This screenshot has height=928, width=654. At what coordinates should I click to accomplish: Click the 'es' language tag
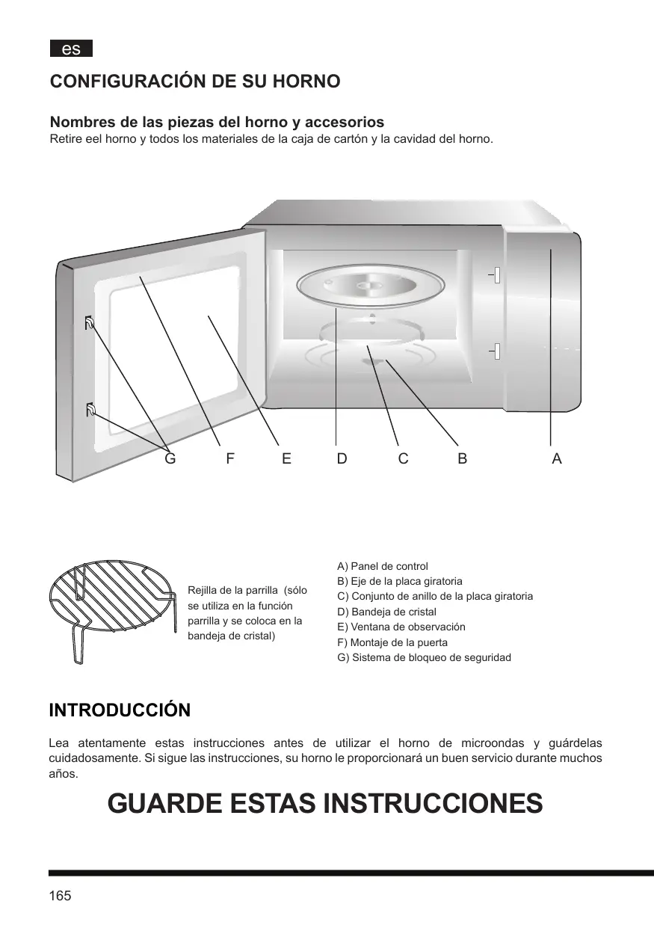(71, 49)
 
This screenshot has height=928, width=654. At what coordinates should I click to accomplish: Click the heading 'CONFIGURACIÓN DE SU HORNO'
(194, 82)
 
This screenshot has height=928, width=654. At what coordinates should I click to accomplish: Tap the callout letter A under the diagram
(556, 459)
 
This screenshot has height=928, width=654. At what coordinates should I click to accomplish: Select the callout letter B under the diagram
(462, 459)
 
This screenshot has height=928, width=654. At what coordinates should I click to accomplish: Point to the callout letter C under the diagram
(403, 459)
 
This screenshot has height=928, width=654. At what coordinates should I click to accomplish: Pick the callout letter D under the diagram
(342, 459)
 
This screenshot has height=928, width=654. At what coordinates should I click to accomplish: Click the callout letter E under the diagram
(286, 459)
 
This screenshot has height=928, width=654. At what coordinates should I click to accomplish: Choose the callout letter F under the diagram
(230, 459)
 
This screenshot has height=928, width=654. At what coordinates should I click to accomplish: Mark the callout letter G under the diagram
(170, 459)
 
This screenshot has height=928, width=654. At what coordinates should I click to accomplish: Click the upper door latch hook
(90, 323)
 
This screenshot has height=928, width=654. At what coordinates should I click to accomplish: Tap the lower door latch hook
(90, 409)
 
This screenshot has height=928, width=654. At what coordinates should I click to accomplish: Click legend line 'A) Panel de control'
(383, 566)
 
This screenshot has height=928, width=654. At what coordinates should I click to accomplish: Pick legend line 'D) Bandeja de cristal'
(387, 612)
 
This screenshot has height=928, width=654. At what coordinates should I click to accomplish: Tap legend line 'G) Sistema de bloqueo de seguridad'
(425, 657)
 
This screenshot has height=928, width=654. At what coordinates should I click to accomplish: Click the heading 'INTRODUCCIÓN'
(120, 710)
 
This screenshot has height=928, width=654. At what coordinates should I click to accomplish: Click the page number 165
(60, 896)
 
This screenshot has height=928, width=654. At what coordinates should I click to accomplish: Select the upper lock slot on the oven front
(496, 275)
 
